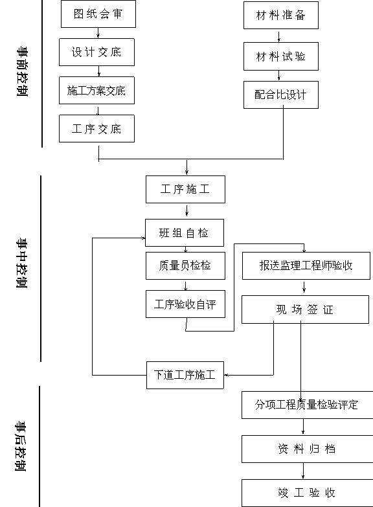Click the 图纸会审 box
(98, 14)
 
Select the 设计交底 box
(96, 52)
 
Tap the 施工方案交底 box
(96, 90)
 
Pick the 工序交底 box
(96, 128)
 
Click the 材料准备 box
(281, 15)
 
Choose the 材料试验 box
(281, 56)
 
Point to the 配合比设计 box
(281, 95)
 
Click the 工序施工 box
(185, 190)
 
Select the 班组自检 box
(185, 233)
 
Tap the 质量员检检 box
(185, 265)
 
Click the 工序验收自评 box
(185, 304)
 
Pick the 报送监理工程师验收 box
(306, 265)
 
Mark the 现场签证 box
(305, 310)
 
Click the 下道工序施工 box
(185, 375)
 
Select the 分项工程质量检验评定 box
(308, 405)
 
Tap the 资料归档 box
(308, 449)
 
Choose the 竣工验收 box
(308, 493)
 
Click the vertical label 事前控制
(22, 71)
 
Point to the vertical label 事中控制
(21, 263)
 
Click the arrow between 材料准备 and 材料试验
(279, 36)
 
